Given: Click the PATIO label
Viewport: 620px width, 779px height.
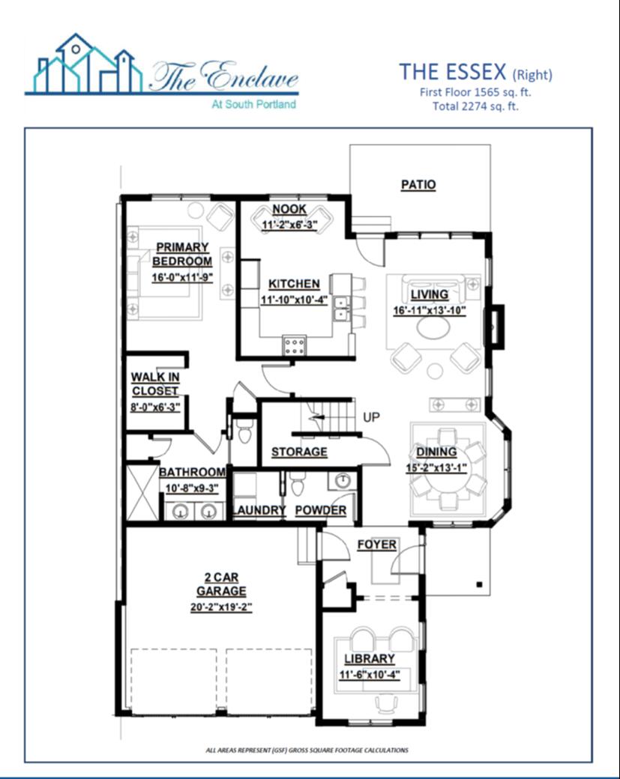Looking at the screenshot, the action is [x=418, y=185].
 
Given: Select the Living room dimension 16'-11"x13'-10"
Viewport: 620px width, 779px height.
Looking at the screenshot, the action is [x=430, y=311].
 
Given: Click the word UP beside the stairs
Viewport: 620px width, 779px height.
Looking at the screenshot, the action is [x=371, y=416].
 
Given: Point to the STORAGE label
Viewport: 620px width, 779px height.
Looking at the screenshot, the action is [x=299, y=452].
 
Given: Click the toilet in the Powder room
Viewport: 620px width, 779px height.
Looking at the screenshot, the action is [x=297, y=483].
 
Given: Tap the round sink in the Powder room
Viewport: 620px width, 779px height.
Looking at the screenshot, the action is [x=342, y=480].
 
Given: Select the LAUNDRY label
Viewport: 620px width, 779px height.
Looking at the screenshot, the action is [x=259, y=510].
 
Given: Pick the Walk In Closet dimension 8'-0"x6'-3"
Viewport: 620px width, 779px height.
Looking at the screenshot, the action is [x=155, y=406].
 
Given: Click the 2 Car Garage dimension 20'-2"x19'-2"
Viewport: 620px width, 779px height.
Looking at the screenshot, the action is [x=221, y=607].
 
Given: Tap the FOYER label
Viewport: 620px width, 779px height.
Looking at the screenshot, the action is [x=377, y=545].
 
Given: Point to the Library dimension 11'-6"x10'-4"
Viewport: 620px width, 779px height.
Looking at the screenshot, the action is [x=370, y=675].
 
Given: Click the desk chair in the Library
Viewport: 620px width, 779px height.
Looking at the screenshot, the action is [x=386, y=703].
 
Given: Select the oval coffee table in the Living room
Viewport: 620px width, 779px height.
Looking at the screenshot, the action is [x=433, y=327].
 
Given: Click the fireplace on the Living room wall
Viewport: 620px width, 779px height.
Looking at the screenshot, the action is [x=497, y=327].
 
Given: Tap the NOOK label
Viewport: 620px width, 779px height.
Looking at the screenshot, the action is [x=289, y=209].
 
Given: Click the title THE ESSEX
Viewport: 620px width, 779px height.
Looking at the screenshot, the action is [x=453, y=72].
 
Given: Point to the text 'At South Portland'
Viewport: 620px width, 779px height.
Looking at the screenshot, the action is [x=253, y=104].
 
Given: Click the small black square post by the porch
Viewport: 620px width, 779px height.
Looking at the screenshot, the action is [x=479, y=584].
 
